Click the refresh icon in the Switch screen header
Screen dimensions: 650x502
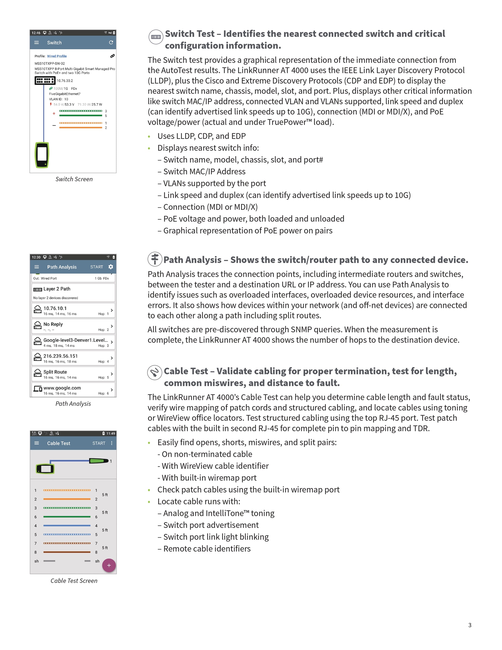(x=111, y=43)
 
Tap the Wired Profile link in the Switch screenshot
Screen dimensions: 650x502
(x=57, y=56)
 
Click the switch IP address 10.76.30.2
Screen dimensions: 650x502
(x=65, y=81)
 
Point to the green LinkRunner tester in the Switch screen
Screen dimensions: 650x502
(x=42, y=155)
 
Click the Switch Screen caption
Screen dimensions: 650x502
(x=74, y=179)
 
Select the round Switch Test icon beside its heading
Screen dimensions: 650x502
(x=156, y=37)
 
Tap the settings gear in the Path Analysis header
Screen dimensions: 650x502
(x=111, y=267)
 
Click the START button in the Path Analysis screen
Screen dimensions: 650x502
(x=97, y=267)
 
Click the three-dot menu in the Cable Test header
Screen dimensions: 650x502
(x=112, y=443)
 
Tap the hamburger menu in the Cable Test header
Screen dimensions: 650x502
(x=37, y=443)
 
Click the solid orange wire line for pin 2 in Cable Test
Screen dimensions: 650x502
(x=67, y=499)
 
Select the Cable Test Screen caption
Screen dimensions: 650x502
(x=74, y=581)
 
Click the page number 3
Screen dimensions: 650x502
(x=470, y=625)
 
